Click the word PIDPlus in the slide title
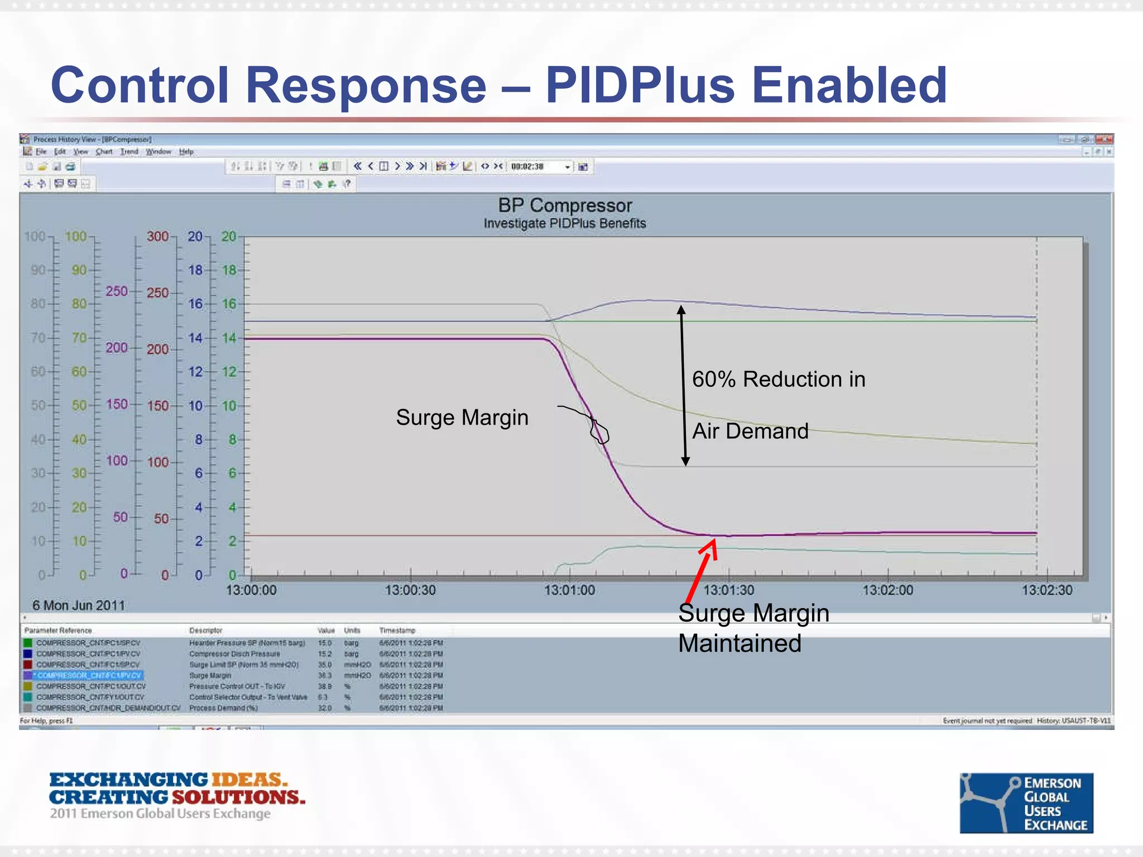click(x=640, y=85)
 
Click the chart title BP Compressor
click(x=565, y=205)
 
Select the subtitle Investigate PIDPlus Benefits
click(x=565, y=223)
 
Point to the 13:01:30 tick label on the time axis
click(x=728, y=590)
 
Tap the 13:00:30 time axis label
click(x=410, y=590)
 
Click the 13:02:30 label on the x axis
click(x=1047, y=590)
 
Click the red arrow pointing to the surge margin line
click(x=701, y=569)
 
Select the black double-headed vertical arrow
click(x=683, y=385)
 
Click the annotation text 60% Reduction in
click(x=779, y=379)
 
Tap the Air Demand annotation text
click(x=750, y=431)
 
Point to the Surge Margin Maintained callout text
click(x=753, y=628)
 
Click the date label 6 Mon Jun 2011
click(x=79, y=605)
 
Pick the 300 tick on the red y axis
click(x=157, y=237)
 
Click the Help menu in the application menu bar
click(x=186, y=152)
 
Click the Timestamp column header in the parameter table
click(x=397, y=630)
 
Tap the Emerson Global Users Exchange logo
click(x=1026, y=803)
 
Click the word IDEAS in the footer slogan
click(x=249, y=779)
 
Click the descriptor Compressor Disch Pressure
click(x=234, y=654)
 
